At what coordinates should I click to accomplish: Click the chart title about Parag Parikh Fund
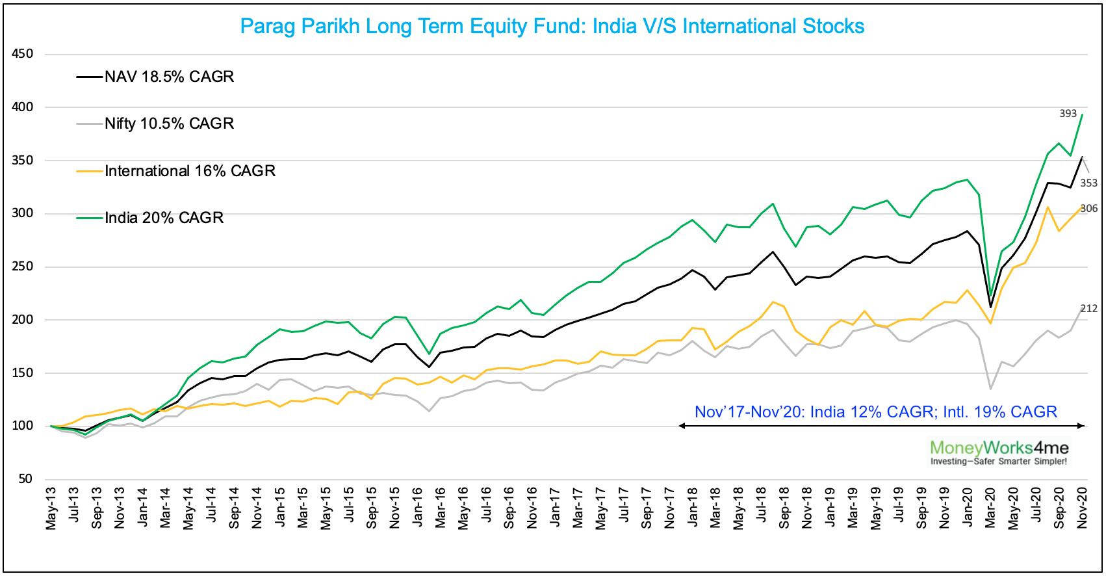(x=552, y=27)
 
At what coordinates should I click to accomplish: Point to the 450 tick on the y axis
(x=23, y=54)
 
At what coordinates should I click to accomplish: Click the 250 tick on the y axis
(x=23, y=267)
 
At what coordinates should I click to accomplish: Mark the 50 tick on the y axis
(x=25, y=479)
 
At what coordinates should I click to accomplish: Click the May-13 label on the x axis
(x=51, y=508)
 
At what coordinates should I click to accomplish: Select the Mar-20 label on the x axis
(x=990, y=508)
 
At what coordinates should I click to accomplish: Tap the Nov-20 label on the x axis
(x=1082, y=508)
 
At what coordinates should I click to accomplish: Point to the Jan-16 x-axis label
(x=418, y=508)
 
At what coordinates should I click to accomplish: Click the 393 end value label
(x=1068, y=114)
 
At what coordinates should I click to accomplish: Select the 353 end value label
(x=1088, y=183)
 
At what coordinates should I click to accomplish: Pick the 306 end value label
(x=1088, y=209)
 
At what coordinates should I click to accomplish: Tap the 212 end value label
(x=1088, y=309)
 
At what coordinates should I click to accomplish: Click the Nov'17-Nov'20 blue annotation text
(x=875, y=412)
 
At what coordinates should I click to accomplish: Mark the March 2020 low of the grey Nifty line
(x=990, y=389)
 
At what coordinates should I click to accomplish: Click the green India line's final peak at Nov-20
(x=1082, y=115)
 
